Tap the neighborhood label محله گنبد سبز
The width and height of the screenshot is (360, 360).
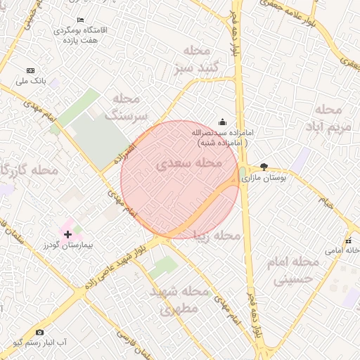click(193, 60)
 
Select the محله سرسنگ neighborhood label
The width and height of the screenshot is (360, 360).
click(129, 106)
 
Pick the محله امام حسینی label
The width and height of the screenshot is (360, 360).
click(295, 270)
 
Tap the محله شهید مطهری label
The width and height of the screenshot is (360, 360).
click(180, 299)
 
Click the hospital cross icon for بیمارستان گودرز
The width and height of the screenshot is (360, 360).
click(67, 234)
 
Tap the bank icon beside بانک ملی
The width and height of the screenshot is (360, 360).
click(30, 71)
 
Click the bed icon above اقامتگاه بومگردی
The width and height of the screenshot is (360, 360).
click(79, 20)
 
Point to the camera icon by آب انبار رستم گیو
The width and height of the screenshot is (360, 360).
click(39, 331)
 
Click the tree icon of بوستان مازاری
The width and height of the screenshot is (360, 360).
click(264, 167)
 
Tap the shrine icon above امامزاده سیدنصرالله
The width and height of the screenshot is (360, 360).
click(223, 122)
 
